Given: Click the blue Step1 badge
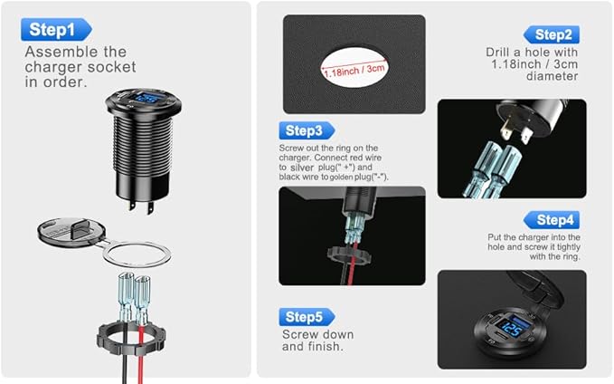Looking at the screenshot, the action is pos(56,29).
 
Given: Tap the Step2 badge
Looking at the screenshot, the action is pos(552,35).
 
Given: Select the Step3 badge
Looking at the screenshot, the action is pos(307,130).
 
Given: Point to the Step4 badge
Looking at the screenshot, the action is pos(552,220).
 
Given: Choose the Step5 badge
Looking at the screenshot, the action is pos(307,317).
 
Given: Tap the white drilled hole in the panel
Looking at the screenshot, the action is pos(354,67).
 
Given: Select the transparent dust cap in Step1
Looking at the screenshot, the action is pos(71,232).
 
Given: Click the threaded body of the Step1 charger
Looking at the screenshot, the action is pos(143,145).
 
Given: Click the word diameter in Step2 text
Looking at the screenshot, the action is pos(553,76).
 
